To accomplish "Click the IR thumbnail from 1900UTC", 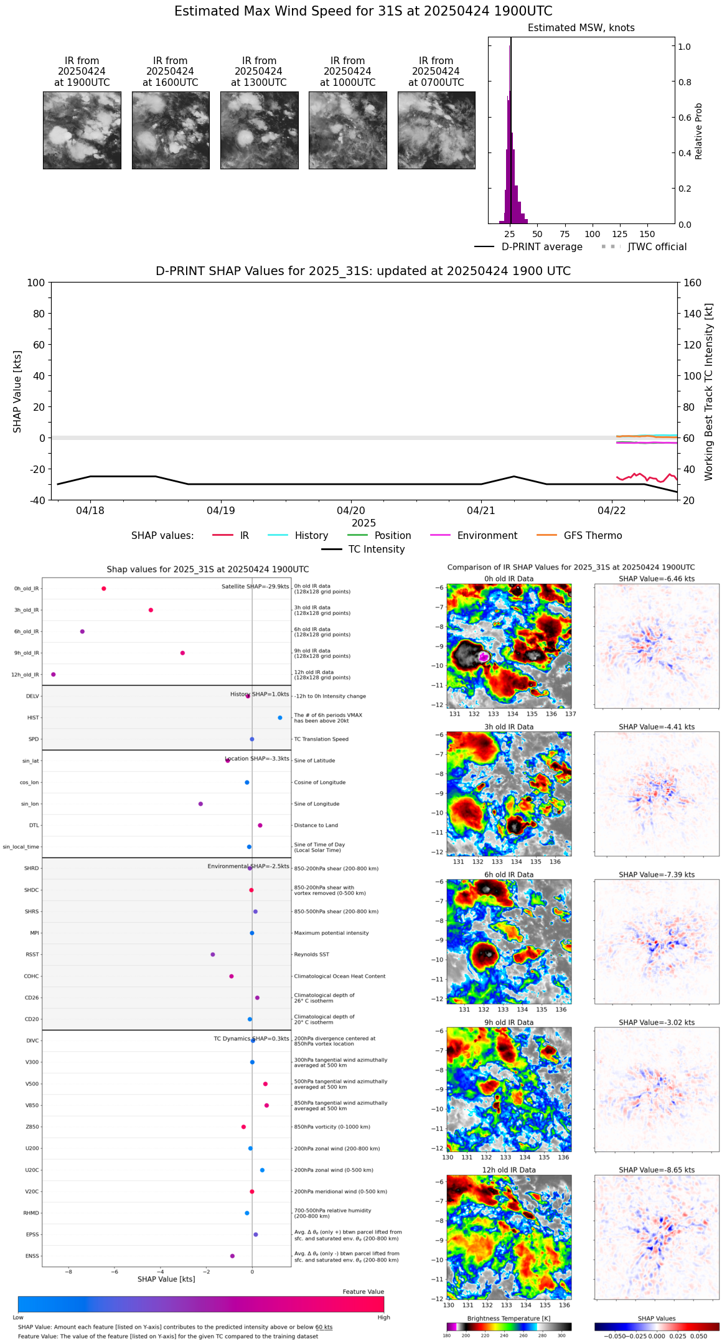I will tap(82, 130).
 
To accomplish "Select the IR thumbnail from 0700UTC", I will tap(436, 130).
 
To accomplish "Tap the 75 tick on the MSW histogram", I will tap(565, 234).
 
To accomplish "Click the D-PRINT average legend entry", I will tap(528, 247).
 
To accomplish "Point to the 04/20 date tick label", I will tap(351, 510).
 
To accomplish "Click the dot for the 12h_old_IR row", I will tap(54, 674).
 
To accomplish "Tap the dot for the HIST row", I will tap(280, 718).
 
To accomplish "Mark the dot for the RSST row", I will tap(213, 954).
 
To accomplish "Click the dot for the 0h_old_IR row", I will tap(104, 588).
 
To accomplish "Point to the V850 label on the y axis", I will tap(32, 1105).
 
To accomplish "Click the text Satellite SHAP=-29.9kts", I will tap(255, 586).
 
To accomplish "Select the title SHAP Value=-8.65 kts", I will tap(656, 1170).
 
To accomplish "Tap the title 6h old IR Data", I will tap(509, 874).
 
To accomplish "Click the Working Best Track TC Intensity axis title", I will tap(709, 392).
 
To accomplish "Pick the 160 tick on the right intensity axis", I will tap(693, 283).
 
